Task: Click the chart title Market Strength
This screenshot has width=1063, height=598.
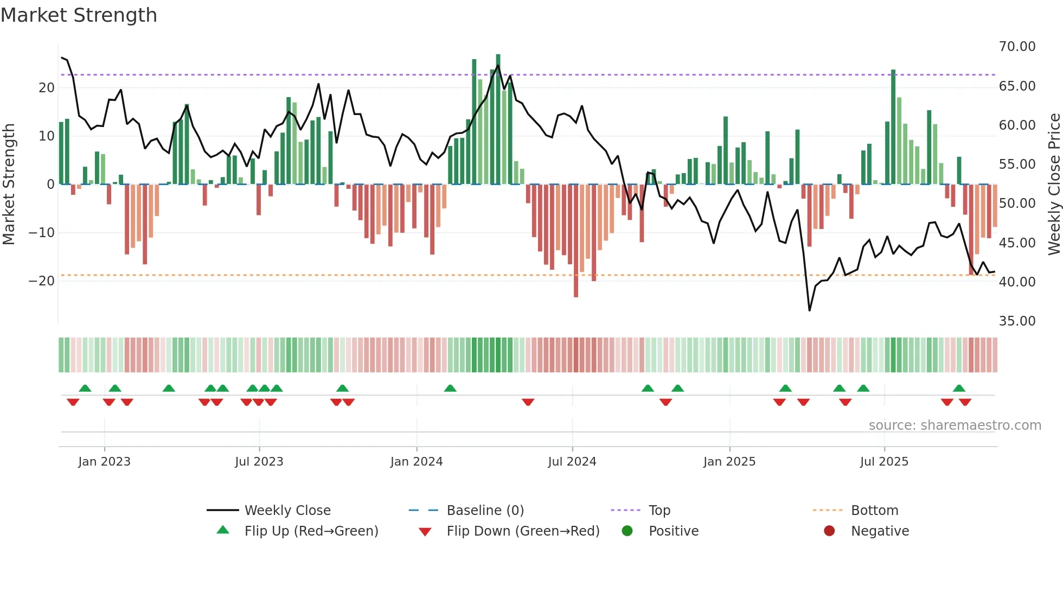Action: [79, 15]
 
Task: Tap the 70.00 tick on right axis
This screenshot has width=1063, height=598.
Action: [1017, 47]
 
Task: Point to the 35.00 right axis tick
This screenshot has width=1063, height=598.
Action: [1017, 321]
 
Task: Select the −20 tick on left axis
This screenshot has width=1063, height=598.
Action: [42, 281]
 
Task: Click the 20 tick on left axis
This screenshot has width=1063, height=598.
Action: [47, 88]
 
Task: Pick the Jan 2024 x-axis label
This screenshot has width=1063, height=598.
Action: [416, 462]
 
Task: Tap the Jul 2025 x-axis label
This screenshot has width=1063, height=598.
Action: [883, 462]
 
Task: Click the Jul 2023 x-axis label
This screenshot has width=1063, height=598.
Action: [259, 462]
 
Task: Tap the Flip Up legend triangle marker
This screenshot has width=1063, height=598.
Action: [223, 530]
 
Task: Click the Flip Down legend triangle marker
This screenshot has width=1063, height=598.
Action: [425, 532]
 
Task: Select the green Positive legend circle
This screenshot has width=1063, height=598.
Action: [627, 531]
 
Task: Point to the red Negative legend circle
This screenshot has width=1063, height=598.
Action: [829, 531]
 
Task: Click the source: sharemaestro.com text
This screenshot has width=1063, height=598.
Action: [955, 425]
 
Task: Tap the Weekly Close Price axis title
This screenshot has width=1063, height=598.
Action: [1054, 185]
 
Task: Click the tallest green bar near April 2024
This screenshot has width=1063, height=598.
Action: [498, 119]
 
